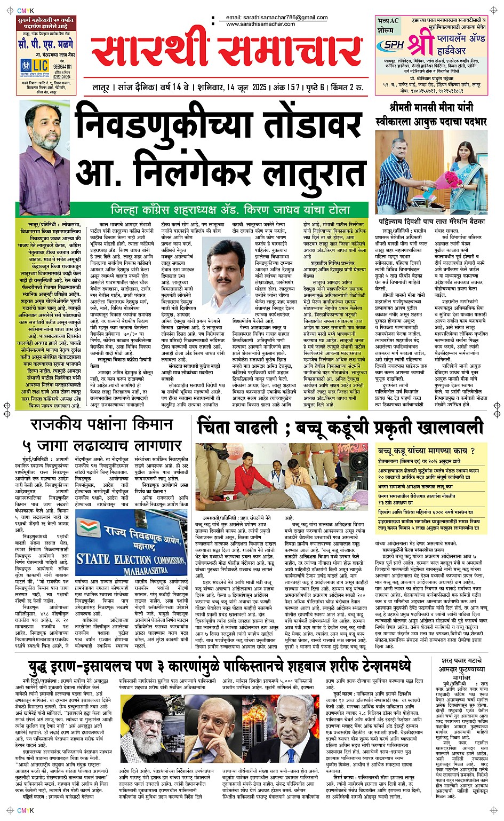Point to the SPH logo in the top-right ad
(394, 45)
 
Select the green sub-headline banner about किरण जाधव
(230, 210)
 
